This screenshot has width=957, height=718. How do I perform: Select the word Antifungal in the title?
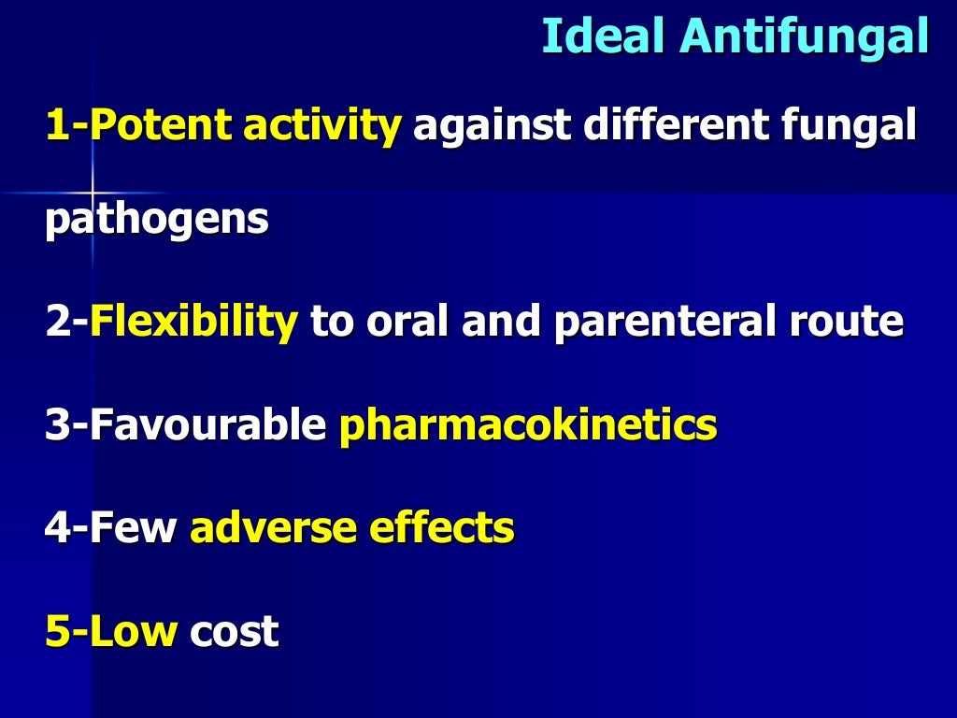805,38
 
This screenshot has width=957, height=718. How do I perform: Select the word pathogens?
157,222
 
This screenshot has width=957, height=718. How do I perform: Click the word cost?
234,632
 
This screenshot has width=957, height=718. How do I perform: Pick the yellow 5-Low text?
111,632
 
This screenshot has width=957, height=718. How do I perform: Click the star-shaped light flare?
93,193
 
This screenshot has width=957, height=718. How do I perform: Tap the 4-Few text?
111,528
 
